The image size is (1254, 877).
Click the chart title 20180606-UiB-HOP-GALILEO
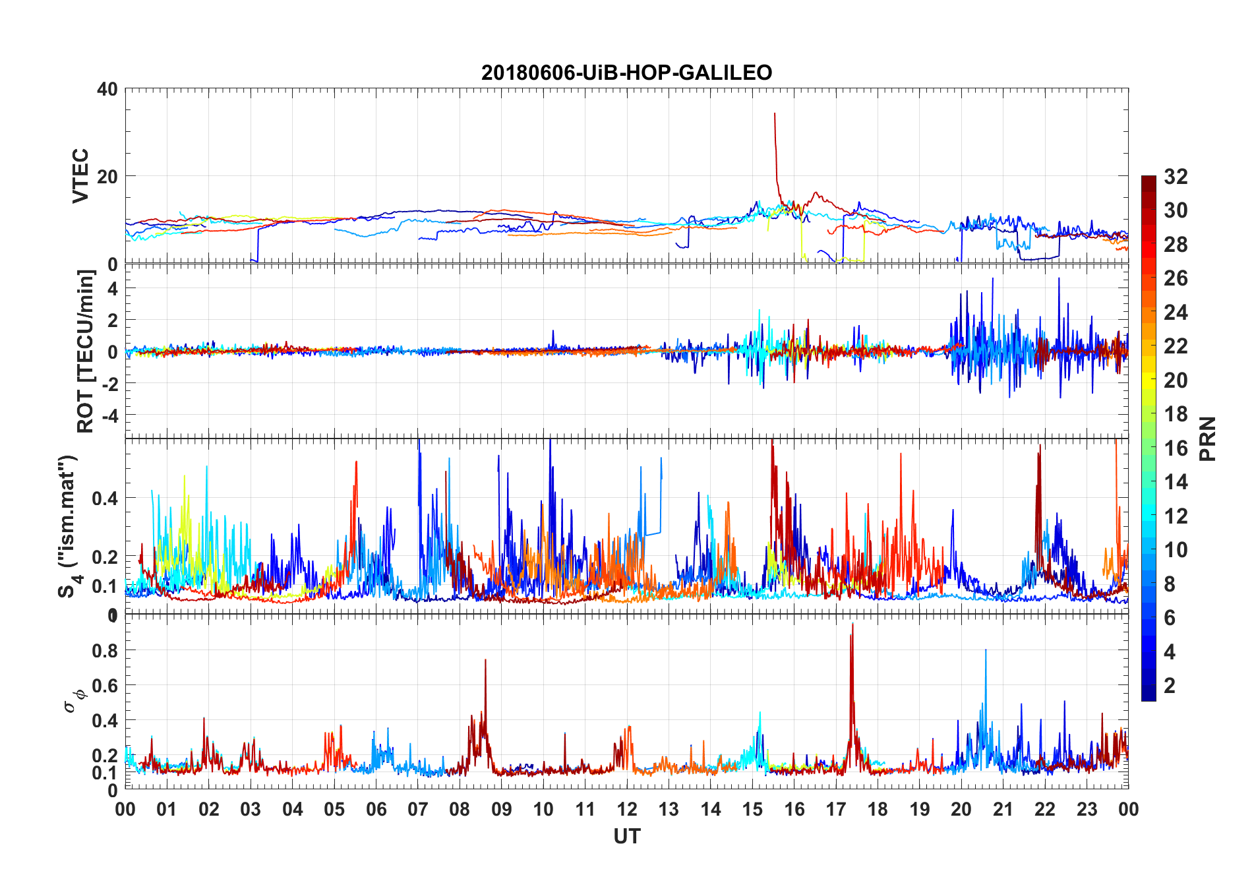pos(626,73)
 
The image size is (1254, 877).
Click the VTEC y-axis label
pos(80,176)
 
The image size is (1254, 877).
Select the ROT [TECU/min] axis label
pos(86,351)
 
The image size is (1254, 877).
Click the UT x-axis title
pos(626,836)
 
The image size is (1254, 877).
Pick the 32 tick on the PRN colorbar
pos(1176,177)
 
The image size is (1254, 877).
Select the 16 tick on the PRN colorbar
pos(1176,448)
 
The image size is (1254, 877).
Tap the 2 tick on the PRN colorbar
pos(1170,686)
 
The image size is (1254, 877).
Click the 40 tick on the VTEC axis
pos(107,89)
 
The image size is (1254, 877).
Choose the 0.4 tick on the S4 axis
pos(105,498)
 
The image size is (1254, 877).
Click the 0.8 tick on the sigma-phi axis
pos(105,650)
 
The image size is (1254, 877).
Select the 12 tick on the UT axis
pos(627,809)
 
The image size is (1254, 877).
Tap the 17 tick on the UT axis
pos(836,809)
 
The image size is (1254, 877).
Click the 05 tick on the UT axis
pos(334,809)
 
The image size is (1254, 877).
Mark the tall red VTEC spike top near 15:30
pos(775,113)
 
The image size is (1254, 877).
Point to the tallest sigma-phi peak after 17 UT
pos(852,624)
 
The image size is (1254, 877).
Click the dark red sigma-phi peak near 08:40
pos(485,659)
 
